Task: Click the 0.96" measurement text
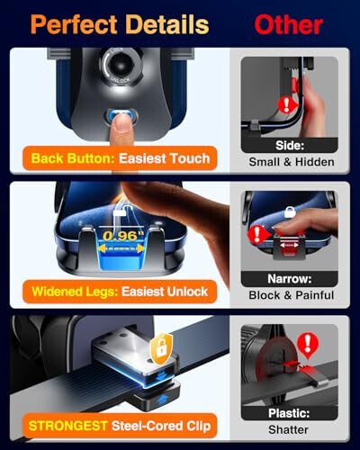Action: (x=120, y=238)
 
